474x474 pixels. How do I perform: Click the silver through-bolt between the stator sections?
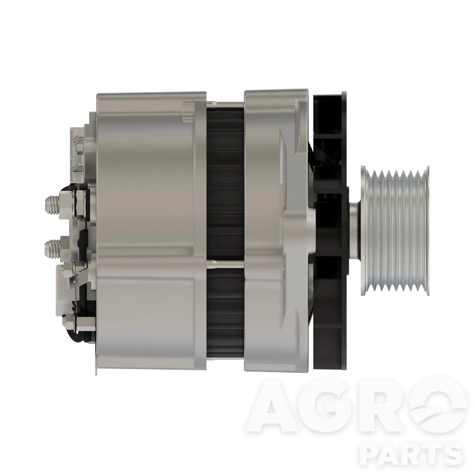(x=225, y=264)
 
